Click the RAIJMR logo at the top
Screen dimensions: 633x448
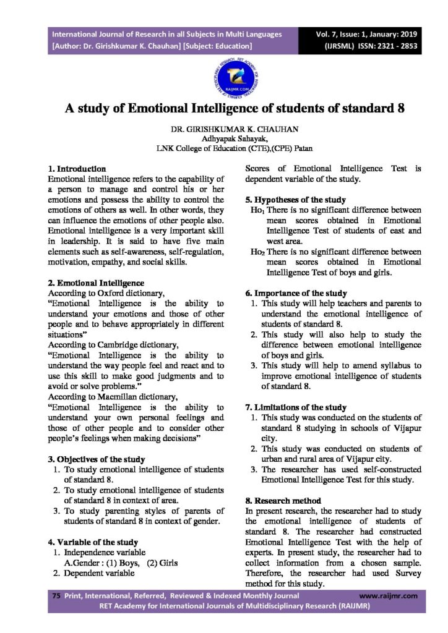223,75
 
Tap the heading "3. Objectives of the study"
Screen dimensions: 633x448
97,459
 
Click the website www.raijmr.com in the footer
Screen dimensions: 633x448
388,596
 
